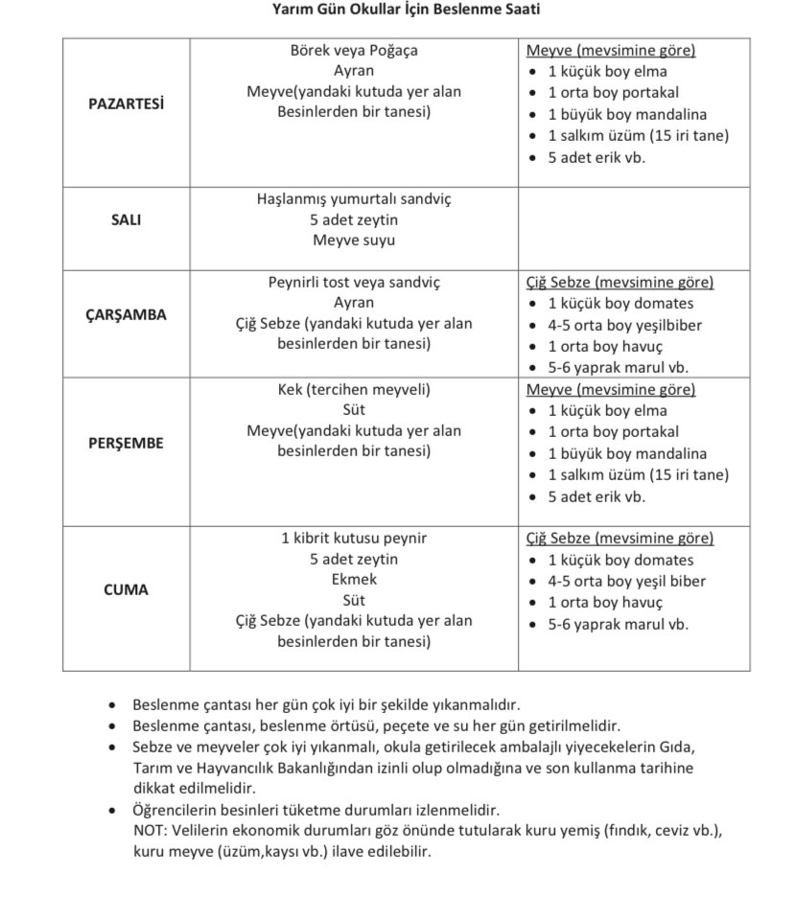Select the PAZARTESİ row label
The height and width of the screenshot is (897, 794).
(126, 104)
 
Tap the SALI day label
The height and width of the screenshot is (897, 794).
(126, 219)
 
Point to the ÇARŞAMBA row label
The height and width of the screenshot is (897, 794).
(126, 314)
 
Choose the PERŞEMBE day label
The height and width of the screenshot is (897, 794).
(126, 443)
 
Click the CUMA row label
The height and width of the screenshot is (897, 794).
(126, 589)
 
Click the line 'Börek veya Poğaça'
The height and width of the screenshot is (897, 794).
(354, 50)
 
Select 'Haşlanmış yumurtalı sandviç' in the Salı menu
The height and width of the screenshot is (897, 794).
(354, 199)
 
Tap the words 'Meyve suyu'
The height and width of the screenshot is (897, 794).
(354, 241)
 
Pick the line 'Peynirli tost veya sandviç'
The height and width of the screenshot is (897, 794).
(354, 283)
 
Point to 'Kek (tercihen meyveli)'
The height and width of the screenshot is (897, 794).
(354, 389)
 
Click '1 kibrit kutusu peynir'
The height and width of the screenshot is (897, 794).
(354, 538)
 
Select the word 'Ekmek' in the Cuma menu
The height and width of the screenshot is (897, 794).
(354, 579)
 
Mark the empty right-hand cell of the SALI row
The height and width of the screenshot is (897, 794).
(634, 228)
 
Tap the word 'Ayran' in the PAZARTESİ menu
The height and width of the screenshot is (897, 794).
(354, 71)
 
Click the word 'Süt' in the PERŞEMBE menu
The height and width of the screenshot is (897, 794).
(354, 410)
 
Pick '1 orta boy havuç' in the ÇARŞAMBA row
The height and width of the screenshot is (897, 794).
(605, 346)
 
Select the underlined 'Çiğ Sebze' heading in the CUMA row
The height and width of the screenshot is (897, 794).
(559, 539)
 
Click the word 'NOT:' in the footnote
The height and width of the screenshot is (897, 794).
(149, 830)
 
